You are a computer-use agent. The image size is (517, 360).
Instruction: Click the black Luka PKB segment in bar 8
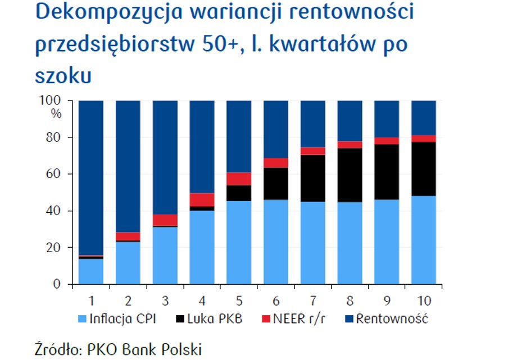(x=350, y=175)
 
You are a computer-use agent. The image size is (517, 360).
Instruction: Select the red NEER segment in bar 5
(x=239, y=179)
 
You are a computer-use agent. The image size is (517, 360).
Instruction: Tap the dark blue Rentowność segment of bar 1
(x=91, y=177)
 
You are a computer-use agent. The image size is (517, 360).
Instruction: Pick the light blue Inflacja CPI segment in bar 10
(x=424, y=240)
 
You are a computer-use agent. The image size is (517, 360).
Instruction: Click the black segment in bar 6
(x=276, y=184)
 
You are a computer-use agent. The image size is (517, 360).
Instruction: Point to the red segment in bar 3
(x=165, y=220)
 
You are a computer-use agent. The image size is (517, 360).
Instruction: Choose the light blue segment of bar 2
(x=128, y=263)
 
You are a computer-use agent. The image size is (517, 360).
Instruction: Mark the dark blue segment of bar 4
(x=202, y=147)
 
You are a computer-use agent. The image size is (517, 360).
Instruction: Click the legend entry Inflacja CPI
(x=117, y=319)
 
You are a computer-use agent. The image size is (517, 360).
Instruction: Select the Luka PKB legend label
(x=209, y=319)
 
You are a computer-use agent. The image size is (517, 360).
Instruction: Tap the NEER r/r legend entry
(x=293, y=319)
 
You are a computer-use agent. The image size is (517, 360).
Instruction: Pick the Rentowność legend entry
(x=387, y=319)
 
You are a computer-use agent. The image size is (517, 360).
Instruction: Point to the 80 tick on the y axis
(x=53, y=138)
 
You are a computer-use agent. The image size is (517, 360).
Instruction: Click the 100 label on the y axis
(x=50, y=100)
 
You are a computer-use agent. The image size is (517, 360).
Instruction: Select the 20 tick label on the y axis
(x=53, y=248)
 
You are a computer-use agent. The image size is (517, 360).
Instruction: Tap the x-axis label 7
(x=313, y=300)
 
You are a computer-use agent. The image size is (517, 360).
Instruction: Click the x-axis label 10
(x=424, y=300)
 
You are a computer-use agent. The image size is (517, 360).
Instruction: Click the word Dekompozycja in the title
(x=109, y=12)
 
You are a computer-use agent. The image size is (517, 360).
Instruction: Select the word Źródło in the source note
(x=58, y=349)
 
